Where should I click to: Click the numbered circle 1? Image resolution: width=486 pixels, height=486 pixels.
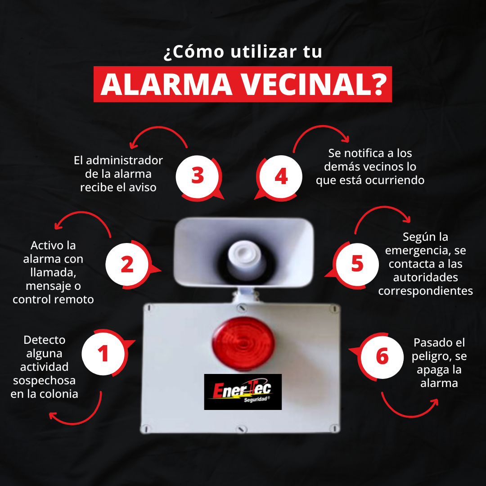click(x=103, y=354)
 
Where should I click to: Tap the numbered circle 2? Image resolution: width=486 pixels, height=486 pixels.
click(x=127, y=265)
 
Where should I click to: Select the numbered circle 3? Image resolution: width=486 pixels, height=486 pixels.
click(x=198, y=176)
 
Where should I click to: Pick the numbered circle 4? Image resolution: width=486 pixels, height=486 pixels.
click(x=281, y=176)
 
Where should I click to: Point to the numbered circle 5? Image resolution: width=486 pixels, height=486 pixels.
click(x=357, y=265)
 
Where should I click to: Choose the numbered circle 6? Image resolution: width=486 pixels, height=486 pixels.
click(x=382, y=357)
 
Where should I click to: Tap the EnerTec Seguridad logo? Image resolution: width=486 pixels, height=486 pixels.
click(x=243, y=392)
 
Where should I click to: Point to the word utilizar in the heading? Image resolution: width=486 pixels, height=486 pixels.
click(x=263, y=51)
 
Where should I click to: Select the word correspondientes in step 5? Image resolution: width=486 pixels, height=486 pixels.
click(x=426, y=291)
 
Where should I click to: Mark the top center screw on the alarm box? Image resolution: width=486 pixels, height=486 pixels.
click(x=242, y=308)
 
